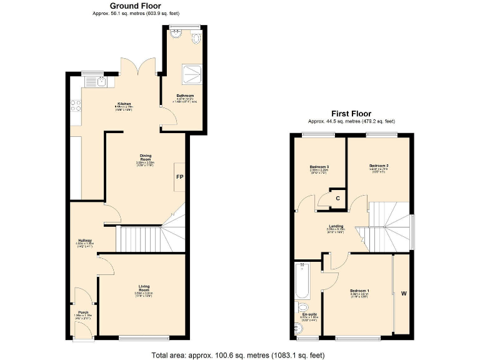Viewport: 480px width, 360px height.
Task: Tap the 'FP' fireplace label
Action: [x=179, y=177]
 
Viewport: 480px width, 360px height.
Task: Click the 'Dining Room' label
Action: [x=144, y=157]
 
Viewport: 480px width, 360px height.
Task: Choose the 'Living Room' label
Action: [x=144, y=289]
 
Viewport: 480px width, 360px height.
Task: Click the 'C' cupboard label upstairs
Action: [x=337, y=198]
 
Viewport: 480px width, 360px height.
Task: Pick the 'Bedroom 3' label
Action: [x=319, y=167]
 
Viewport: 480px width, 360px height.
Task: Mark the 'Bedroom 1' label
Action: [x=359, y=291]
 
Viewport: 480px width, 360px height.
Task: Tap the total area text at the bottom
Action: [x=238, y=355]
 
